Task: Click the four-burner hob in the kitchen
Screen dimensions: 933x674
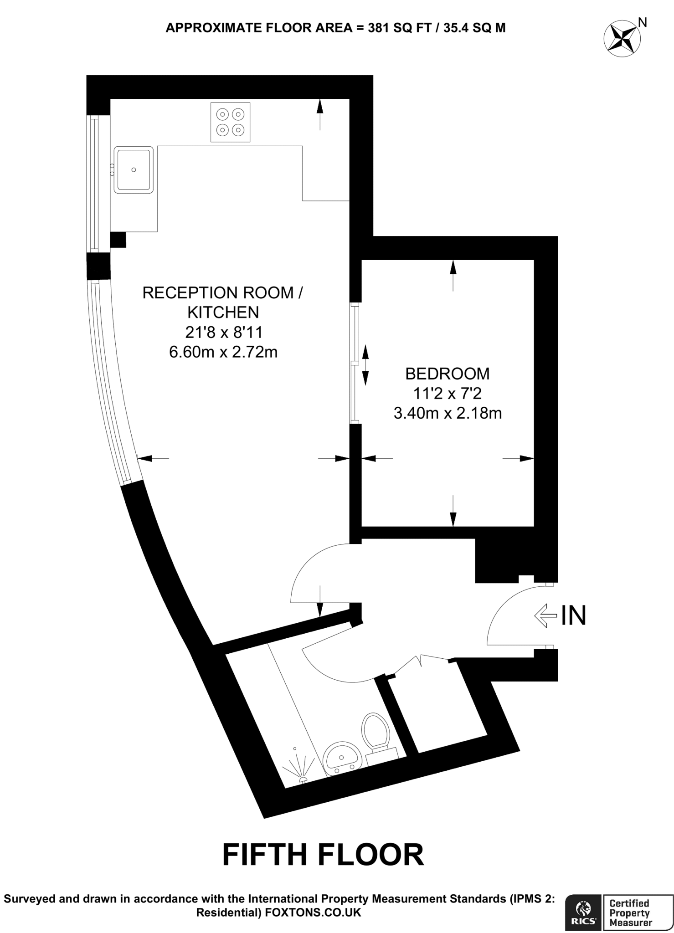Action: pyautogui.click(x=230, y=122)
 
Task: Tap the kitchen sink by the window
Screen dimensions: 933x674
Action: pyautogui.click(x=134, y=169)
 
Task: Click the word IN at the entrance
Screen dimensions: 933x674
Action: pyautogui.click(x=573, y=615)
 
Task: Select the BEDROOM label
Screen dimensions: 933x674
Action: pyautogui.click(x=447, y=374)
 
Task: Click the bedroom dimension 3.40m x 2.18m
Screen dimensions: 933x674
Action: pyautogui.click(x=447, y=413)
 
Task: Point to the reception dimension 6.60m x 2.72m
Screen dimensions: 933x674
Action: pyautogui.click(x=223, y=352)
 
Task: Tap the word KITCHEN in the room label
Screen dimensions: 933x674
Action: pyautogui.click(x=223, y=312)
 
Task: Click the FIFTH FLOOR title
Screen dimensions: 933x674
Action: pyautogui.click(x=323, y=855)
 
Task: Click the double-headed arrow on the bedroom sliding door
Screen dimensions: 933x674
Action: pyautogui.click(x=365, y=364)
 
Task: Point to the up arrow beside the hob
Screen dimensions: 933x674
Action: pyautogui.click(x=319, y=114)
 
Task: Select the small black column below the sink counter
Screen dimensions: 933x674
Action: pyautogui.click(x=118, y=240)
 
